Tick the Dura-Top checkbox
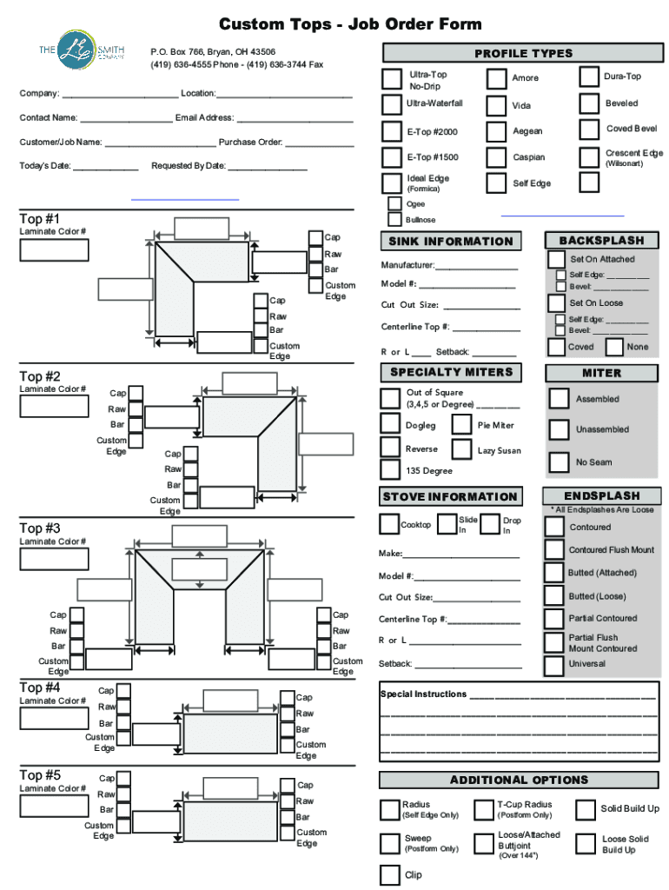[x=590, y=77]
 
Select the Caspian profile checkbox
[x=497, y=158]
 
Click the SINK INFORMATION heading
[x=451, y=242]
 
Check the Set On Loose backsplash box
[x=557, y=303]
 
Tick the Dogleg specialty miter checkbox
[x=391, y=425]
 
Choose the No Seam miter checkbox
[x=560, y=462]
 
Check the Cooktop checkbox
[x=389, y=525]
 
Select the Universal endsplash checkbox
[x=554, y=665]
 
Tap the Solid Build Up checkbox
[x=586, y=809]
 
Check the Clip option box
[x=390, y=874]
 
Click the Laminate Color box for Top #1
[x=54, y=250]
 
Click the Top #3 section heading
[x=40, y=528]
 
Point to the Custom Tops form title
[x=350, y=23]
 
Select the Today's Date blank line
[x=105, y=167]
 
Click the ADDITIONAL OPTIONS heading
[x=519, y=780]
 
